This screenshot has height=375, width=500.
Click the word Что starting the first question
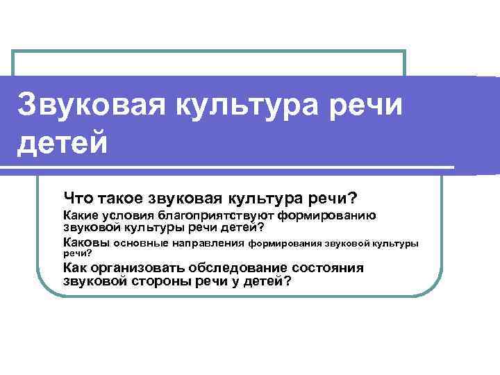pyautogui.click(x=76, y=199)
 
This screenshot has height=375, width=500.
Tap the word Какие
pyautogui.click(x=81, y=217)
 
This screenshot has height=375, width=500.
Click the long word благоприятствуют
pyautogui.click(x=217, y=217)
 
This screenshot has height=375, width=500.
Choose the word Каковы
pyautogui.click(x=85, y=243)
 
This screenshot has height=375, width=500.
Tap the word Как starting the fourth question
pyautogui.click(x=75, y=268)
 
